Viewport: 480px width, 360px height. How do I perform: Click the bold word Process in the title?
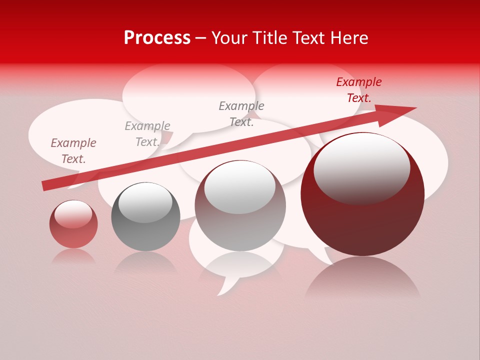(x=157, y=38)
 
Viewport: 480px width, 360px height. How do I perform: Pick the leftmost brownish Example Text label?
(x=73, y=151)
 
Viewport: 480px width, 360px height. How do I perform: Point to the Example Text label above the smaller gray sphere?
(x=147, y=134)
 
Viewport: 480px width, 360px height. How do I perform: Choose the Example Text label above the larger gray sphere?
(x=241, y=113)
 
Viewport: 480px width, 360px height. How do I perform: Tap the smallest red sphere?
(x=73, y=227)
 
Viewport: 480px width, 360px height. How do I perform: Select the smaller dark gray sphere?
(x=145, y=220)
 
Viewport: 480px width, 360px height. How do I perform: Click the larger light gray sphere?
(x=240, y=210)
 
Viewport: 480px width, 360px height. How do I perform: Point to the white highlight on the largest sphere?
(x=361, y=167)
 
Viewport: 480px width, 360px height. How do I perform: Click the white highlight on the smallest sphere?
(x=73, y=214)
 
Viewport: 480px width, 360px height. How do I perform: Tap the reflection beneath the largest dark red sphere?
(x=362, y=277)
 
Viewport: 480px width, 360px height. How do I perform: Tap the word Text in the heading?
(x=308, y=38)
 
